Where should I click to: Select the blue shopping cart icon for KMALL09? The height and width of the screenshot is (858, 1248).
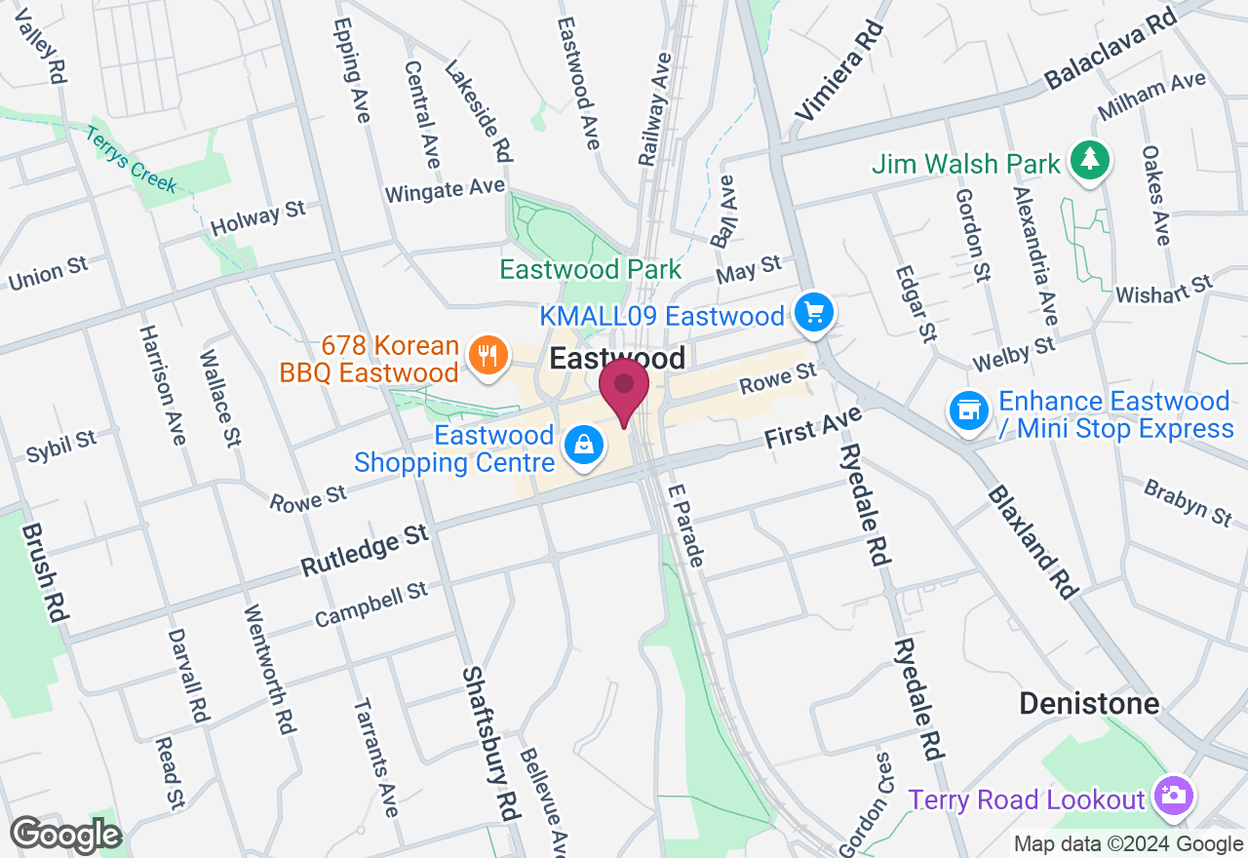click(815, 313)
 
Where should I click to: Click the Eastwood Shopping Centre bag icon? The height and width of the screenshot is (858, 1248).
click(583, 446)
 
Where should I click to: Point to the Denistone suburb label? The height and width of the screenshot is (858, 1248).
click(1089, 703)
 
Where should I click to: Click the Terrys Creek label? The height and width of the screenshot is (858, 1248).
click(131, 159)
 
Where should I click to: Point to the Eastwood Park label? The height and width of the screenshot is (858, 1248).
click(590, 269)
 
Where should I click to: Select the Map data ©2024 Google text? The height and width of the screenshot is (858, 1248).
click(1128, 844)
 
